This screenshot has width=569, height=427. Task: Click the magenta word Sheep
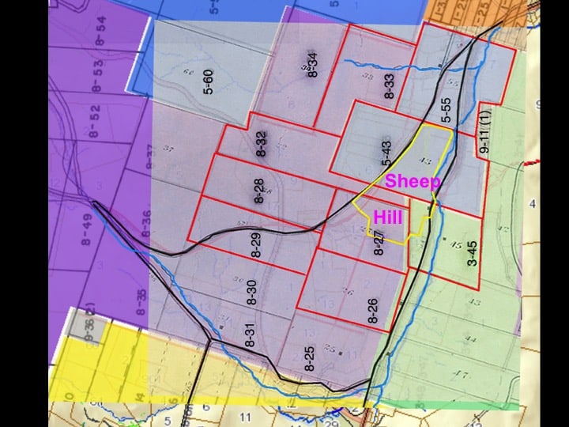pyautogui.click(x=413, y=181)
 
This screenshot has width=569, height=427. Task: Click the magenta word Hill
pyautogui.click(x=389, y=217)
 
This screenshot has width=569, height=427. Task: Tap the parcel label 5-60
pyautogui.click(x=209, y=82)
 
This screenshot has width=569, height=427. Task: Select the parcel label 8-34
pyautogui.click(x=313, y=63)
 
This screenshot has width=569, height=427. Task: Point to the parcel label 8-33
pyautogui.click(x=389, y=86)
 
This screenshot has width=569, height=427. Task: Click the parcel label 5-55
pyautogui.click(x=447, y=110)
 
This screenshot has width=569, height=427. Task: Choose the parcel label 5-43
pyautogui.click(x=387, y=153)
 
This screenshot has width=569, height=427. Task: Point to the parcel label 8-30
pyautogui.click(x=252, y=293)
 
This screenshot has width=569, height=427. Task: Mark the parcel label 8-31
pyautogui.click(x=250, y=338)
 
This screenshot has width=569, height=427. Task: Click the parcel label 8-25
pyautogui.click(x=310, y=359)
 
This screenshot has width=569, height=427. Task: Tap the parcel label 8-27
pyautogui.click(x=379, y=244)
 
